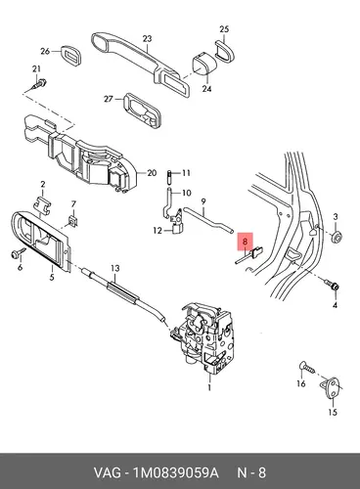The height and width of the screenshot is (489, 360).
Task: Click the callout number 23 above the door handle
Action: (148, 39)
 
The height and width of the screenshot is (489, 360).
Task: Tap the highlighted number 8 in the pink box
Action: (246, 242)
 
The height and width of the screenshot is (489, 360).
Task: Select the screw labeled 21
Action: (40, 84)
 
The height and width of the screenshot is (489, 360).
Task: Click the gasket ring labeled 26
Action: (70, 57)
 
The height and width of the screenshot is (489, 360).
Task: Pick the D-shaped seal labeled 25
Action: (225, 50)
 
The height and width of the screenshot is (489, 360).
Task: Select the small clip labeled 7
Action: (73, 221)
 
